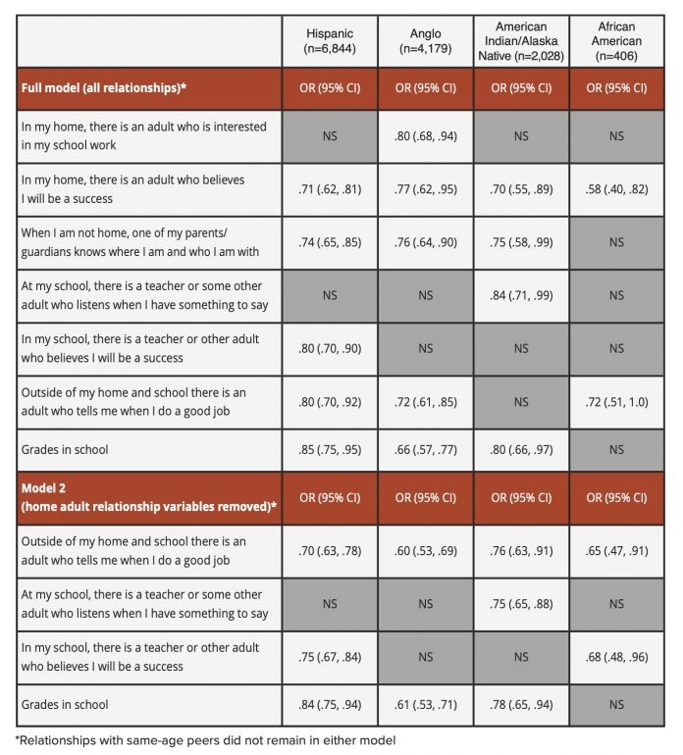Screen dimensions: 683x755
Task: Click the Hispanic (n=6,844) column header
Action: (330, 41)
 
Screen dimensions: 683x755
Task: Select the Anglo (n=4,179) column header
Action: (425, 41)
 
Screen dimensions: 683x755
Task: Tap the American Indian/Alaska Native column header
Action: (521, 41)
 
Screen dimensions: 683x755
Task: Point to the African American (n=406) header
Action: (616, 41)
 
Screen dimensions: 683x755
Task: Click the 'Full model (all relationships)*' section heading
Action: (104, 88)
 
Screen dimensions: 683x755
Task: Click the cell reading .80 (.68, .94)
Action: (425, 136)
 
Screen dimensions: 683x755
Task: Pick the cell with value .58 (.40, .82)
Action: (616, 189)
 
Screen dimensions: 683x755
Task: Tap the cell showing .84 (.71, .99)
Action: (521, 295)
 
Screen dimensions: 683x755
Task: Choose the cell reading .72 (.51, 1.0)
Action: (616, 402)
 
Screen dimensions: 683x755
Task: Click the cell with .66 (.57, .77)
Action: (425, 450)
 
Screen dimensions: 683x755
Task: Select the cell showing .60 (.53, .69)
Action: (425, 551)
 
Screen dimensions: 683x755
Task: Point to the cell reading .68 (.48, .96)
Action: (616, 657)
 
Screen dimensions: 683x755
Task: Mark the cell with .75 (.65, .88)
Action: (521, 604)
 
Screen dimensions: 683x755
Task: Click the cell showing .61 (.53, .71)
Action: (425, 705)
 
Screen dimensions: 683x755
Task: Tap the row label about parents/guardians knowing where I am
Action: (139, 242)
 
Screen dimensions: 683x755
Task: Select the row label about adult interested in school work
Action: (143, 135)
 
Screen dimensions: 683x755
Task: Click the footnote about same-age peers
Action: (205, 740)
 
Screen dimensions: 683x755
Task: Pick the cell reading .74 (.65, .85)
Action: (330, 242)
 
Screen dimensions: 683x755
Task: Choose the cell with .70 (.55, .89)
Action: (521, 189)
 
